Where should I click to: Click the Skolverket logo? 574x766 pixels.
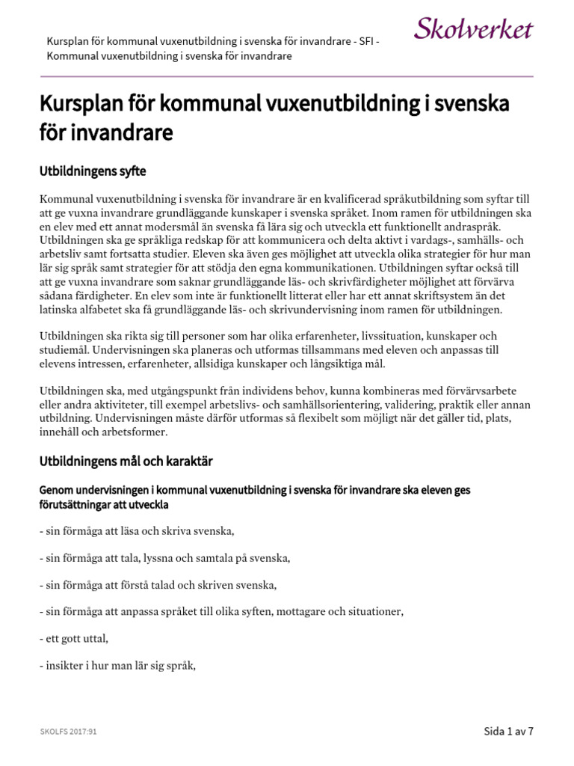tap(473, 29)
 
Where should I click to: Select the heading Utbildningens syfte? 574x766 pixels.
tap(92, 171)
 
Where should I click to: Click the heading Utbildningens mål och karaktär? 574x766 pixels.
tap(126, 462)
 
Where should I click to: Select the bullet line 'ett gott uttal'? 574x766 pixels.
tap(74, 638)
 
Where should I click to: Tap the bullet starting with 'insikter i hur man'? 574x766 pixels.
tap(117, 665)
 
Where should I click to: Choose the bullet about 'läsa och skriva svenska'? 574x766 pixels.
tap(137, 531)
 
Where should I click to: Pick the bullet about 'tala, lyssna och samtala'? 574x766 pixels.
tap(164, 558)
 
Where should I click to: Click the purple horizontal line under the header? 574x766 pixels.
tap(286, 76)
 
